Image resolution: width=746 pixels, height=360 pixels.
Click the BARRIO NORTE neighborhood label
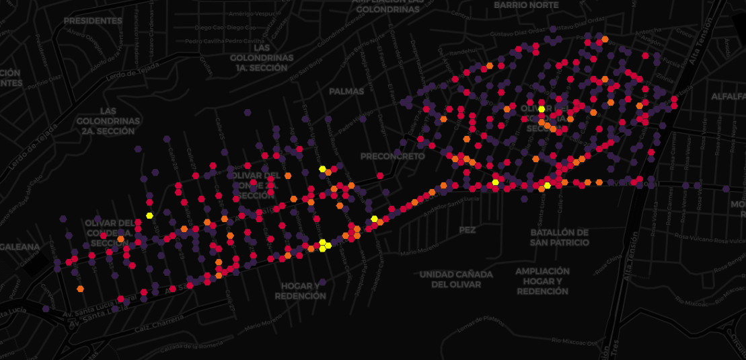526,5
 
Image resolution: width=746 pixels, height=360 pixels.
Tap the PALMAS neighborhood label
346,91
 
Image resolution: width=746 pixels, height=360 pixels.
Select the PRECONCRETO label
393,156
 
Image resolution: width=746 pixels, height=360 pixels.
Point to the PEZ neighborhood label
467,229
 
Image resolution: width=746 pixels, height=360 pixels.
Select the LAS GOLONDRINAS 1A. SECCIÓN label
262,58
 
